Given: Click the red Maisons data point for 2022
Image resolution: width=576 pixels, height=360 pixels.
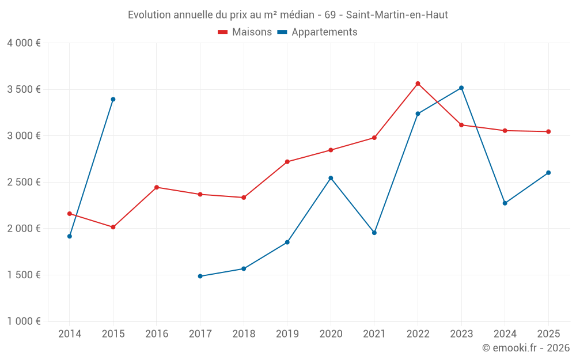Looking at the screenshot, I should point(418,84).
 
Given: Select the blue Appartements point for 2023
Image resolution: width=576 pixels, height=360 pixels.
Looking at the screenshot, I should point(461,88).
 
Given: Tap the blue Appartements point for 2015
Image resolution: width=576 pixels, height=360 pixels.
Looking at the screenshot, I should point(113,99).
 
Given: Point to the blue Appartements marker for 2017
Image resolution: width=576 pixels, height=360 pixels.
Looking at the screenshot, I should point(200,276).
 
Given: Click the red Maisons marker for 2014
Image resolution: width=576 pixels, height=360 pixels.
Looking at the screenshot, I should point(70,214).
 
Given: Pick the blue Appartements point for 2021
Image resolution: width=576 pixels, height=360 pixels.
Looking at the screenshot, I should point(374,233).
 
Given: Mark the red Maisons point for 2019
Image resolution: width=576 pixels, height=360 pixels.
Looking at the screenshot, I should point(287,162).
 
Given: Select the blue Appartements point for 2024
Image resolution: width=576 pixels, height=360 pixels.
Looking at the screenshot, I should point(505,203).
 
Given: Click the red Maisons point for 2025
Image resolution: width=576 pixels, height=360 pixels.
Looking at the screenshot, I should point(548,131).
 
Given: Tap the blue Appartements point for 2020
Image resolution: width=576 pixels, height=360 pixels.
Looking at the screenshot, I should point(331,178).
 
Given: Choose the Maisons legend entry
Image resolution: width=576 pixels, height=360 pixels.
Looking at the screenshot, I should point(245,32).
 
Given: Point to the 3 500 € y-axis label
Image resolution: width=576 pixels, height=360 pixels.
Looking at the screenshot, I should point(24,89).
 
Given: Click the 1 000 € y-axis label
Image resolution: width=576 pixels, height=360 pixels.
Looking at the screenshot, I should point(24,321).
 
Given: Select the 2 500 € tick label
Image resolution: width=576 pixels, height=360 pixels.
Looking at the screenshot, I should point(24,182).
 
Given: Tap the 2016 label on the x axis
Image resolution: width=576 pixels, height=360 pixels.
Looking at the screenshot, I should point(157,334).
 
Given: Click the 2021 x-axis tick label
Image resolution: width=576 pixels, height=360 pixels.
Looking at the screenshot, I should point(374,334).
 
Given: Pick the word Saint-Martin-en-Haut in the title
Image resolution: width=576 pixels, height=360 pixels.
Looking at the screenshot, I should point(397,15).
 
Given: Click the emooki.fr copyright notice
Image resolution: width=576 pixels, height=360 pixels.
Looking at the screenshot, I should point(526,348).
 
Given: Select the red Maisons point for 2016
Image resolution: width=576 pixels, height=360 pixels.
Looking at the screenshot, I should point(157,187).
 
